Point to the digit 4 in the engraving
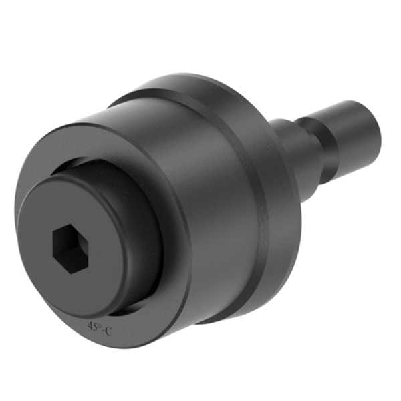pos(90,326)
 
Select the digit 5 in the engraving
pos(95,326)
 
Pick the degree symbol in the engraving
pos(100,324)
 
